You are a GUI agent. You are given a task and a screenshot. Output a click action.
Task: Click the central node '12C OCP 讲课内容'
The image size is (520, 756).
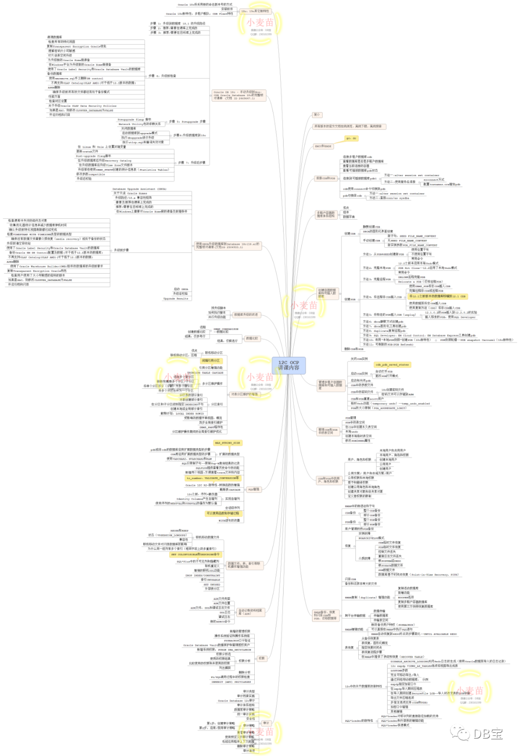click(288, 365)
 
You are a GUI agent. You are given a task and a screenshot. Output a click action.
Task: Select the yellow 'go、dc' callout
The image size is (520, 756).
click(351, 138)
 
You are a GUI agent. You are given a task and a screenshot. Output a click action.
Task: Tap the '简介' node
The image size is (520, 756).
click(317, 115)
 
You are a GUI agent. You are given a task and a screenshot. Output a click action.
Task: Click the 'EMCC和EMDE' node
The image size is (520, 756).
click(323, 146)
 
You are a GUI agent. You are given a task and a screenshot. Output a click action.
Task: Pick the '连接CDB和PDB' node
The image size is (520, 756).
click(325, 178)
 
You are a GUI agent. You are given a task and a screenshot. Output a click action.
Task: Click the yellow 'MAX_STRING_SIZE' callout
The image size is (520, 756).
click(227, 443)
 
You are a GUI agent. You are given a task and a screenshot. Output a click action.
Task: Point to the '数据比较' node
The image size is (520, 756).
click(252, 338)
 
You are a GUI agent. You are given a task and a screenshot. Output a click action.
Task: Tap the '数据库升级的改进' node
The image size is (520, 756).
click(246, 315)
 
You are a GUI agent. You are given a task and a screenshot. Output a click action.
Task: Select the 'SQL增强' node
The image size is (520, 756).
click(253, 489)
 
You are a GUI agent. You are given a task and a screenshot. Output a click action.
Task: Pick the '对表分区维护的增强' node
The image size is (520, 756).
click(244, 394)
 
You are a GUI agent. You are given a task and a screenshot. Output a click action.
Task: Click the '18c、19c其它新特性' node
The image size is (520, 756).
click(255, 11)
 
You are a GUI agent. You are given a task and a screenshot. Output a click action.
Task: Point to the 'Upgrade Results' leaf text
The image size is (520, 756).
click(176, 299)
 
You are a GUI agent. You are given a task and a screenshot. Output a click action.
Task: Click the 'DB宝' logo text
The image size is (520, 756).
click(487, 734)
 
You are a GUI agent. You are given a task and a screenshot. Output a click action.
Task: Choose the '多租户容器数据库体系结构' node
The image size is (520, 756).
click(325, 214)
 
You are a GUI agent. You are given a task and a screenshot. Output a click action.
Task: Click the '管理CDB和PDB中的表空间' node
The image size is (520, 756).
click(328, 431)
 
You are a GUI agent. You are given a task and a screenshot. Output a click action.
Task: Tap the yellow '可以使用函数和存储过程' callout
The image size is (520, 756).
click(222, 514)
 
